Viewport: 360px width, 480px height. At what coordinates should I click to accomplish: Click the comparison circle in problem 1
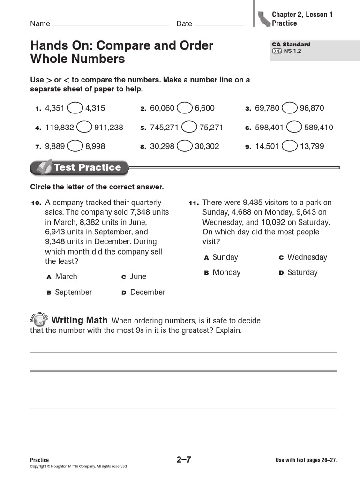(75, 108)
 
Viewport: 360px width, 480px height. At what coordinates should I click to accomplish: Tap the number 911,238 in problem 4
(109, 127)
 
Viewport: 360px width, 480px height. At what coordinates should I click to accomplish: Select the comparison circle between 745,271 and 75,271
(189, 127)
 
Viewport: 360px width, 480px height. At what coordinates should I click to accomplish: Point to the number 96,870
(312, 108)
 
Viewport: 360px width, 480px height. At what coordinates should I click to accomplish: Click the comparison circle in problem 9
(289, 146)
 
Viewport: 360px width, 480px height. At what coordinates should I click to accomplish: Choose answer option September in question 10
(73, 292)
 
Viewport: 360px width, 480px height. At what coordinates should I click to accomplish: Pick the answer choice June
(138, 277)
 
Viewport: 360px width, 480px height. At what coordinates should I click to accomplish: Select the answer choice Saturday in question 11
(302, 272)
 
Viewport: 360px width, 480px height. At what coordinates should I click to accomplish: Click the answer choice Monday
(226, 272)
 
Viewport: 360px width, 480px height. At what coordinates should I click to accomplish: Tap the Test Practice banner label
(87, 167)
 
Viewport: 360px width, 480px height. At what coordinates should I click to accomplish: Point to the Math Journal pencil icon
(39, 320)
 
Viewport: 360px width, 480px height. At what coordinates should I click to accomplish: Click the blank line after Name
(111, 25)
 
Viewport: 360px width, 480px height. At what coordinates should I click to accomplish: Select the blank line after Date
(219, 25)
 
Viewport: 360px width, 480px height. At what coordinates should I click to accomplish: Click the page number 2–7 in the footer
(184, 460)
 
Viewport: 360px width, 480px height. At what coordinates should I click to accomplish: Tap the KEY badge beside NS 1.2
(277, 51)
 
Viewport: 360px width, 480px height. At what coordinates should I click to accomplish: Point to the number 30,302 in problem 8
(207, 146)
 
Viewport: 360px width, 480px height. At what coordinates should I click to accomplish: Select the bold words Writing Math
(79, 321)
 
